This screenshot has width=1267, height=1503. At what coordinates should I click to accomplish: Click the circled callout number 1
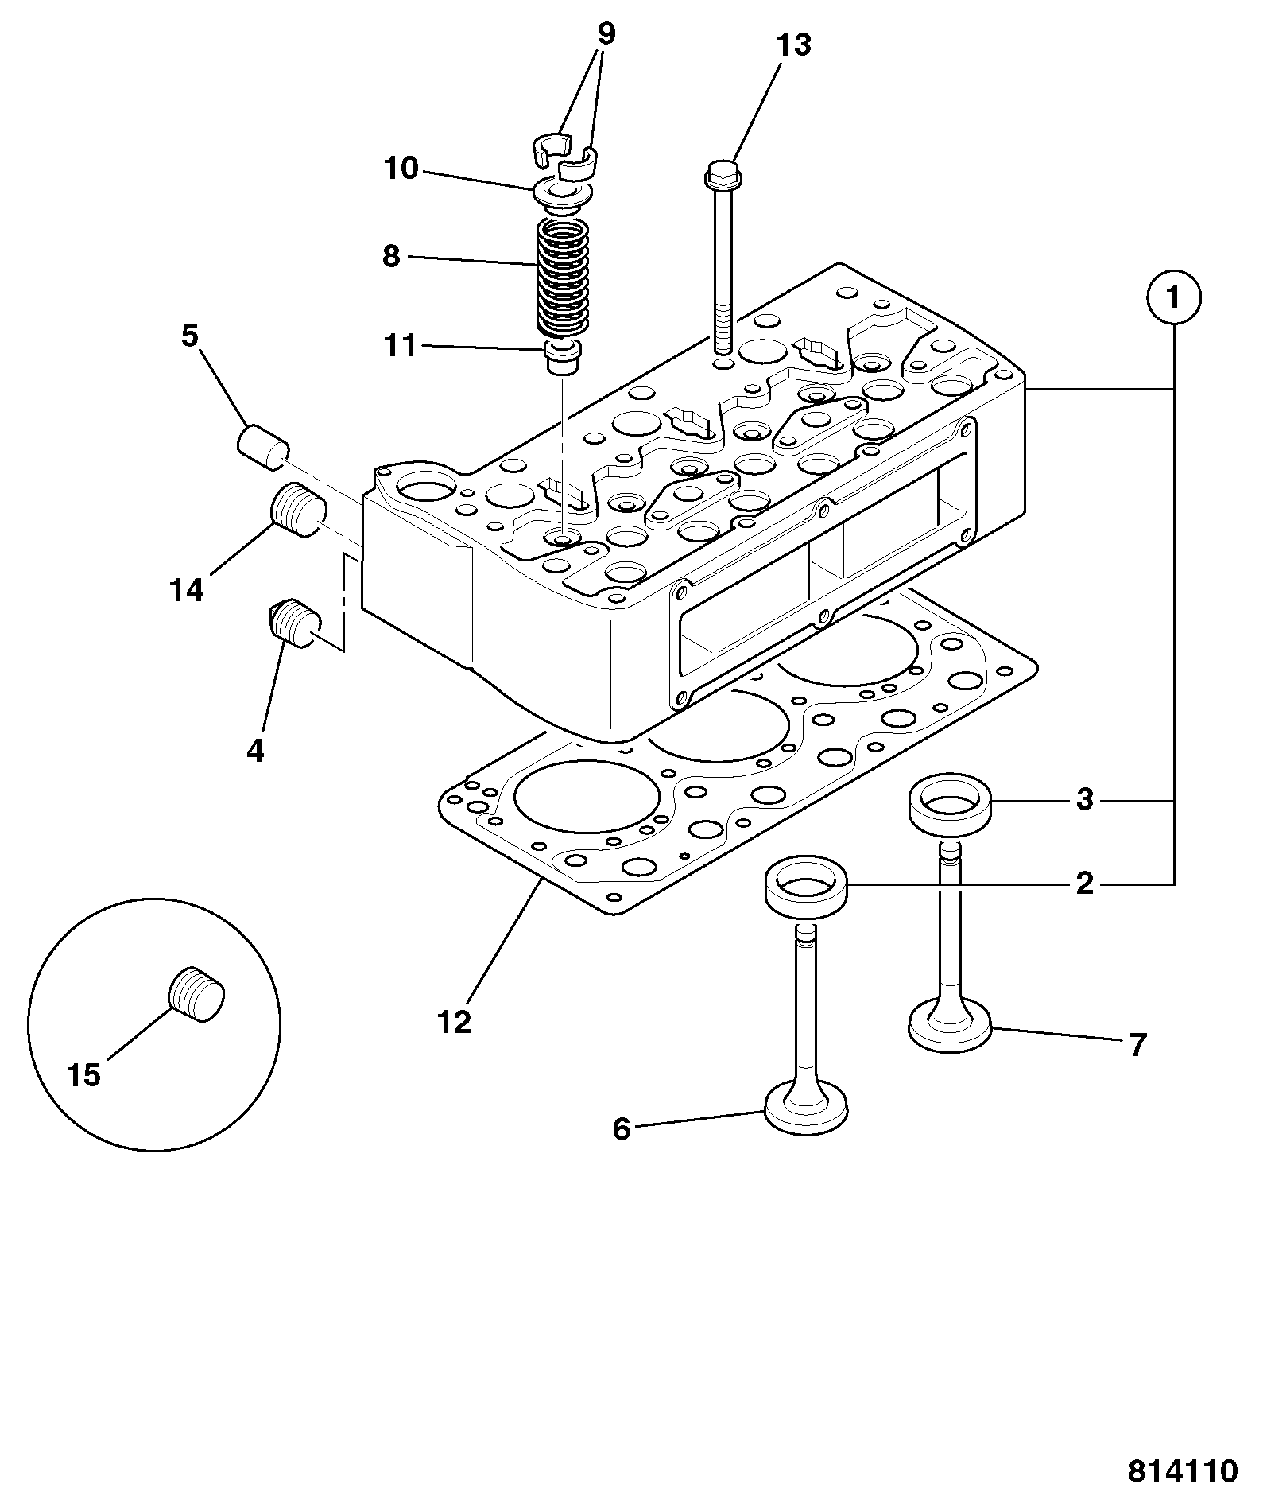pyautogui.click(x=1173, y=297)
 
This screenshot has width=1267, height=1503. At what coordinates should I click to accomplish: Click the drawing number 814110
pyautogui.click(x=1183, y=1470)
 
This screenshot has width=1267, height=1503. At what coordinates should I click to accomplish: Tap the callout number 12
pyautogui.click(x=454, y=1022)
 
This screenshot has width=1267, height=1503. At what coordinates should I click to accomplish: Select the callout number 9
pyautogui.click(x=606, y=34)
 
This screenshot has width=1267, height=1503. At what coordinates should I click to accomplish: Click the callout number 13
pyautogui.click(x=793, y=45)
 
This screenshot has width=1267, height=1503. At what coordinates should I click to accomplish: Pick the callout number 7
pyautogui.click(x=1137, y=1046)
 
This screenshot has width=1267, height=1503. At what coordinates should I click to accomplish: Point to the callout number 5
pyautogui.click(x=189, y=336)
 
